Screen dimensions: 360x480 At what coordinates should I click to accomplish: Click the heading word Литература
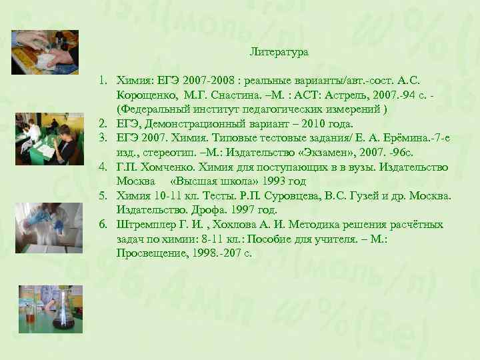click(x=279, y=51)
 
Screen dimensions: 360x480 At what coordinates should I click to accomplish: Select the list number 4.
click(x=104, y=167)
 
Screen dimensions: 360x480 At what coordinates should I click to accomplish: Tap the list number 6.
click(x=104, y=225)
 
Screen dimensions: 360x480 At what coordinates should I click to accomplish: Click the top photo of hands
click(x=45, y=53)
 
